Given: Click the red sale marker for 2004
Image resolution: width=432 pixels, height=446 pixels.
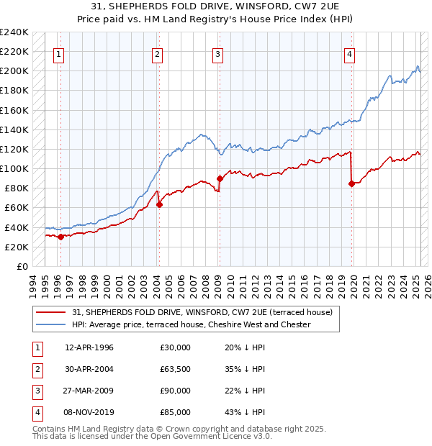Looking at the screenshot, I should (x=160, y=204).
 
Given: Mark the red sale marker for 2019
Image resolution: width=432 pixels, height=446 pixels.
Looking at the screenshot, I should (x=351, y=183).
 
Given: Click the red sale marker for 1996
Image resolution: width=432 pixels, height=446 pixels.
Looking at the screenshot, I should (x=60, y=237).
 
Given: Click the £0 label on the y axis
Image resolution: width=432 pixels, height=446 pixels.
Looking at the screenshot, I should (x=21, y=266).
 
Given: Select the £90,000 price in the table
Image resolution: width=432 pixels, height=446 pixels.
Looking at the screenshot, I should (x=175, y=391).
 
